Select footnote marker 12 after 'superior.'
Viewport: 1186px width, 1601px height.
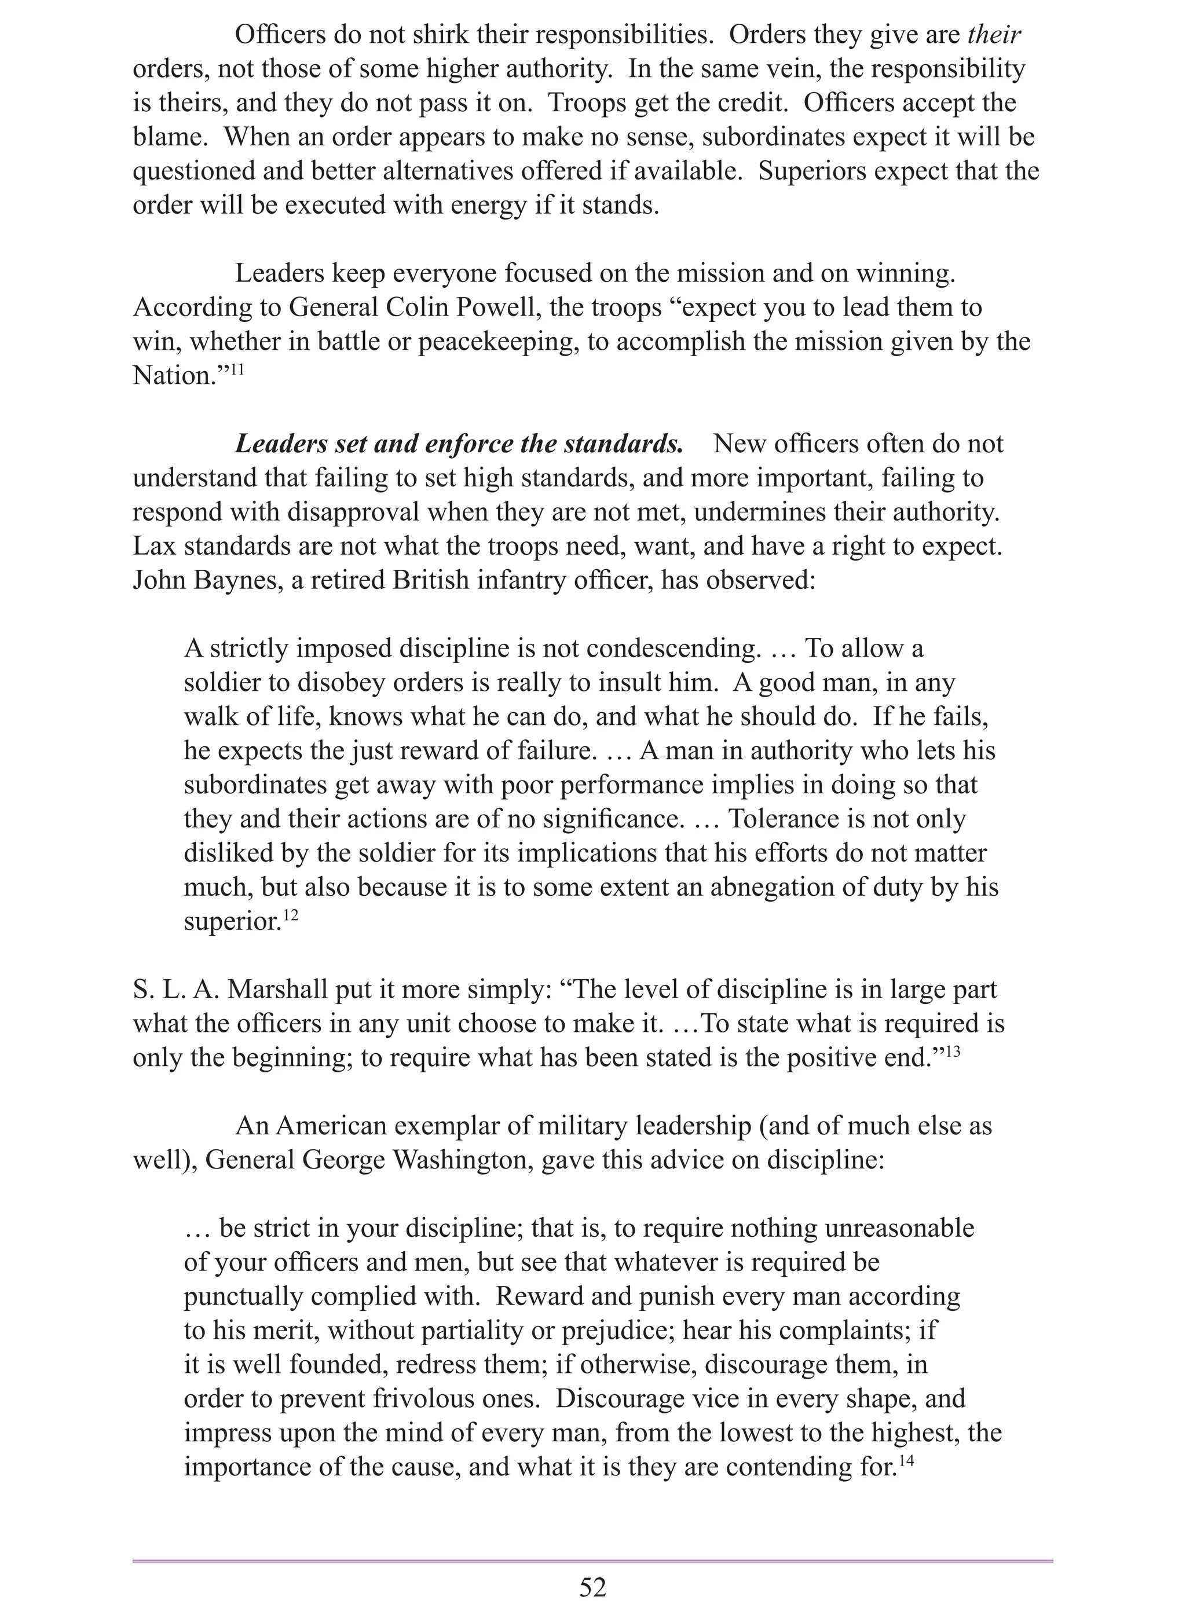pyautogui.click(x=290, y=915)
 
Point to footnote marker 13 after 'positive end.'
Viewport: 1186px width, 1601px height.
pyautogui.click(x=953, y=1052)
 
